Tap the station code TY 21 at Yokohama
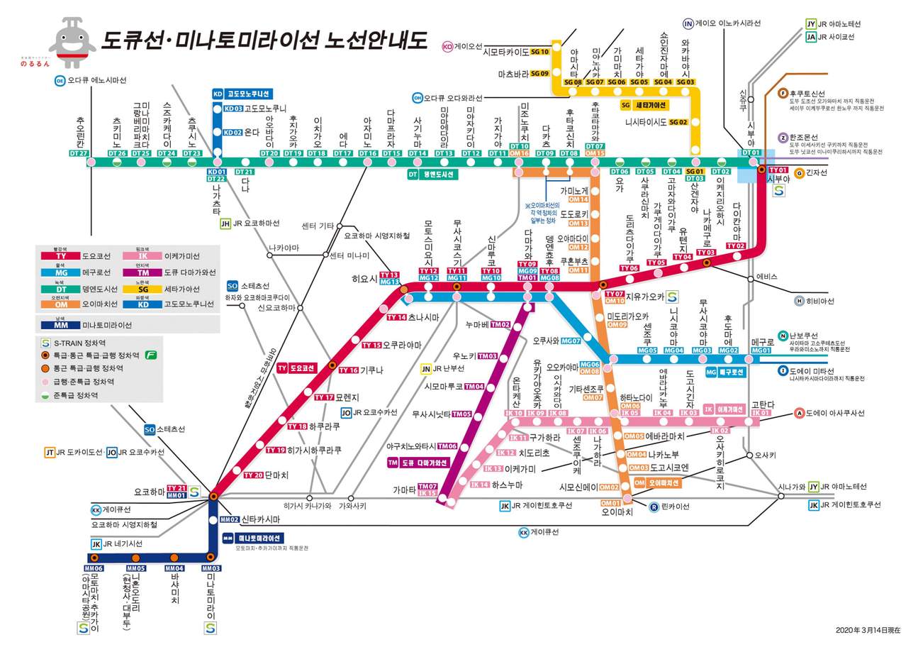point(177,488)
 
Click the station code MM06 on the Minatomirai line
point(94,568)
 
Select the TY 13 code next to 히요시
point(389,275)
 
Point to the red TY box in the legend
point(62,256)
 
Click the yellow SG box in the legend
point(143,289)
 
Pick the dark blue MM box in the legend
point(62,325)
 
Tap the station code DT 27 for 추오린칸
point(79,153)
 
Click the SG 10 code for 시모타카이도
point(540,52)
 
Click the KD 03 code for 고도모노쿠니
point(233,109)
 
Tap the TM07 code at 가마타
point(427,486)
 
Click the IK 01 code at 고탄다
point(761,413)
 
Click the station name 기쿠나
point(371,370)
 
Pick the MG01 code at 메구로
point(761,350)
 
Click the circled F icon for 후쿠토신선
point(783,94)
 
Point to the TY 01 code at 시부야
point(778,170)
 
